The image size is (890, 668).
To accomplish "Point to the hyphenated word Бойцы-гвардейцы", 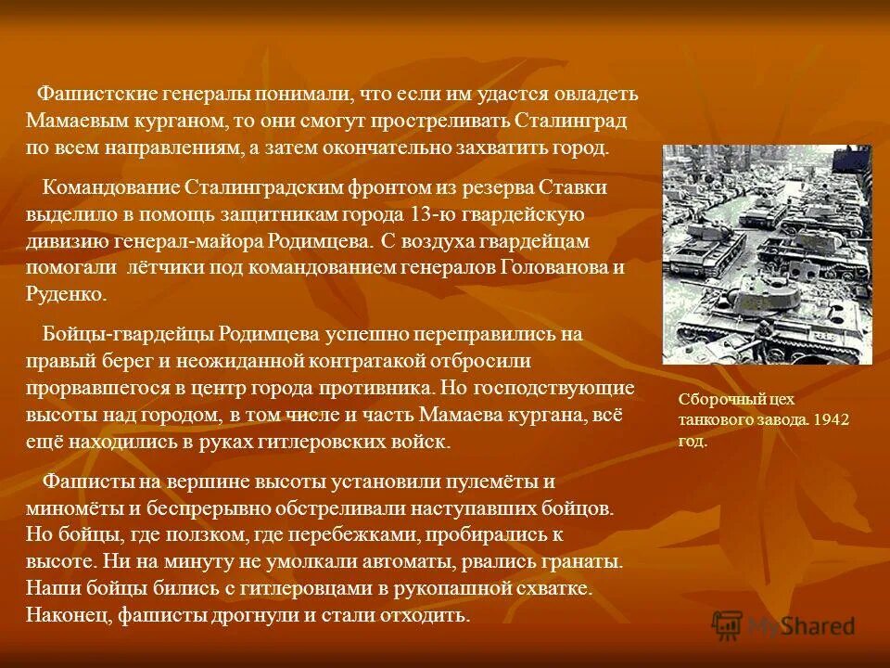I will click(x=129, y=334).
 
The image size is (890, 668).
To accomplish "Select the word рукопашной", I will click(x=412, y=589).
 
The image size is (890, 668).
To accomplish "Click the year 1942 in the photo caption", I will click(x=831, y=420).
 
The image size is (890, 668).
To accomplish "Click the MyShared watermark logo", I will click(x=783, y=625).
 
